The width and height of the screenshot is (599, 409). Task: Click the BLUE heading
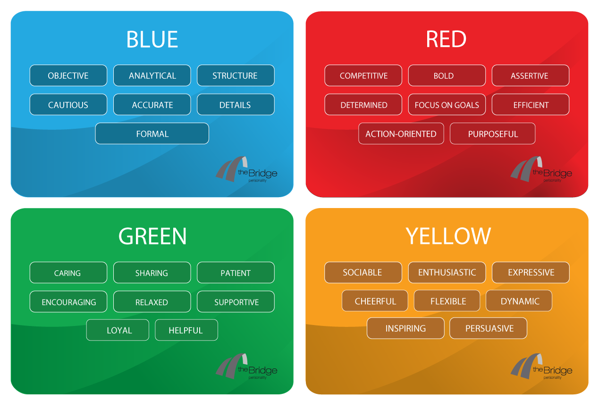tap(152, 39)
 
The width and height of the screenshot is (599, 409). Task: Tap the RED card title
tap(447, 39)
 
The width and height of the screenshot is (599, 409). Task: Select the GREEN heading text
tap(152, 236)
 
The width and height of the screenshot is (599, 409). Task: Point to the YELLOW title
tap(448, 236)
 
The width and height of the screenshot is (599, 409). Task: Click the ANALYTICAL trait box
tap(152, 75)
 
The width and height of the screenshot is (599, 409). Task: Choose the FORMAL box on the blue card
tap(152, 134)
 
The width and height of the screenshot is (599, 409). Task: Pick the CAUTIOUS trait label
tap(68, 104)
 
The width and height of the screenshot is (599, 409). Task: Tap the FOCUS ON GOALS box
tap(447, 104)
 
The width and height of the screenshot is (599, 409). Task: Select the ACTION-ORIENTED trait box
tap(401, 134)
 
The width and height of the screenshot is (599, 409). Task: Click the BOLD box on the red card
tap(447, 75)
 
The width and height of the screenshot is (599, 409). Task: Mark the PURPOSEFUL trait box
tap(493, 134)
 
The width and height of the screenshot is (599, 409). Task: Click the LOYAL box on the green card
tap(118, 330)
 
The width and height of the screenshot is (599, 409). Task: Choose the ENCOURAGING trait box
tap(68, 301)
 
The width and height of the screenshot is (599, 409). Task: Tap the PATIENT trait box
tap(236, 272)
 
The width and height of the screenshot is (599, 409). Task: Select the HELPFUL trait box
tap(186, 330)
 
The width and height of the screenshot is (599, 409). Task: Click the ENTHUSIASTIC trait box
tap(447, 272)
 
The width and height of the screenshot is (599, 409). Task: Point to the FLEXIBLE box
tap(447, 300)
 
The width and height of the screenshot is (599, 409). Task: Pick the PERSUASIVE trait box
tap(488, 328)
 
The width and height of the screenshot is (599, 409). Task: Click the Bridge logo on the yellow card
tap(541, 366)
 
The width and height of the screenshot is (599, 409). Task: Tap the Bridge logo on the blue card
tap(246, 169)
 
